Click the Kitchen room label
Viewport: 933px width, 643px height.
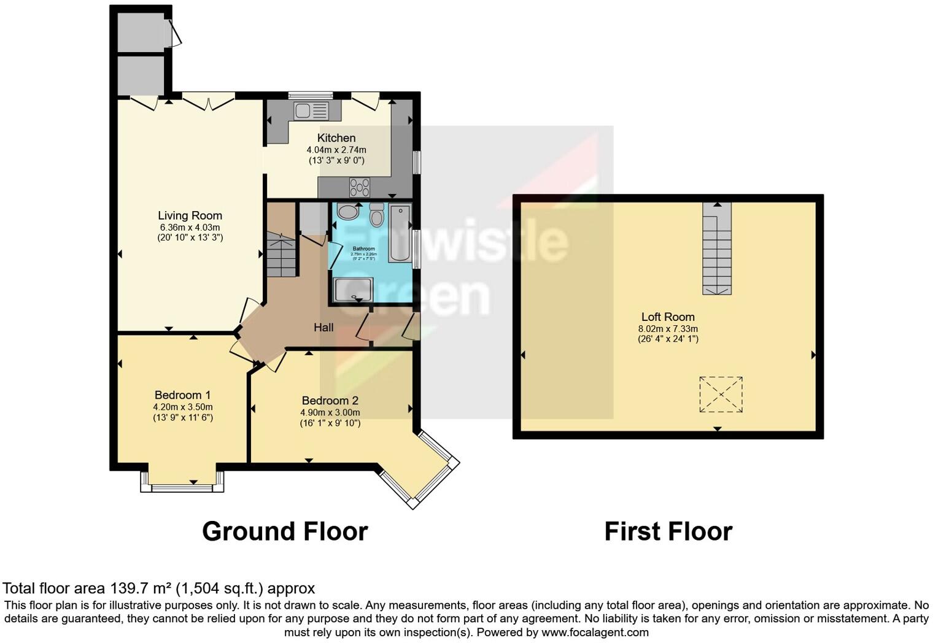[336, 138]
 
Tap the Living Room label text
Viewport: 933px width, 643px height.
[190, 215]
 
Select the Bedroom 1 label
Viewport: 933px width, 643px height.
[182, 395]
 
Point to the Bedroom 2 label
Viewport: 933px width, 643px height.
[330, 401]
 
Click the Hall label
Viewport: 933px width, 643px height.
[323, 328]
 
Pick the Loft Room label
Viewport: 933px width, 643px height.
[668, 317]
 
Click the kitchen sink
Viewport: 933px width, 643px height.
[311, 111]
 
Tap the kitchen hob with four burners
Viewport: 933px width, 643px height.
[360, 186]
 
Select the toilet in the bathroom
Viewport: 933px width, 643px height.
[376, 216]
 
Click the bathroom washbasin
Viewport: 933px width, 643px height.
[348, 212]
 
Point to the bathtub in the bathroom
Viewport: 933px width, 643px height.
[400, 234]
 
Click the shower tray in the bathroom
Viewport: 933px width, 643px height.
[353, 290]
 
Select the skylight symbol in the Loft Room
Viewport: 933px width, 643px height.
[721, 394]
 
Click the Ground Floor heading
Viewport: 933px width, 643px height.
[285, 531]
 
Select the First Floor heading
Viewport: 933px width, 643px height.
[668, 531]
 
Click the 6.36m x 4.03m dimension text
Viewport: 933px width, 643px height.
[190, 228]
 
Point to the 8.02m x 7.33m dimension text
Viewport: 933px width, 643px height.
[668, 329]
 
